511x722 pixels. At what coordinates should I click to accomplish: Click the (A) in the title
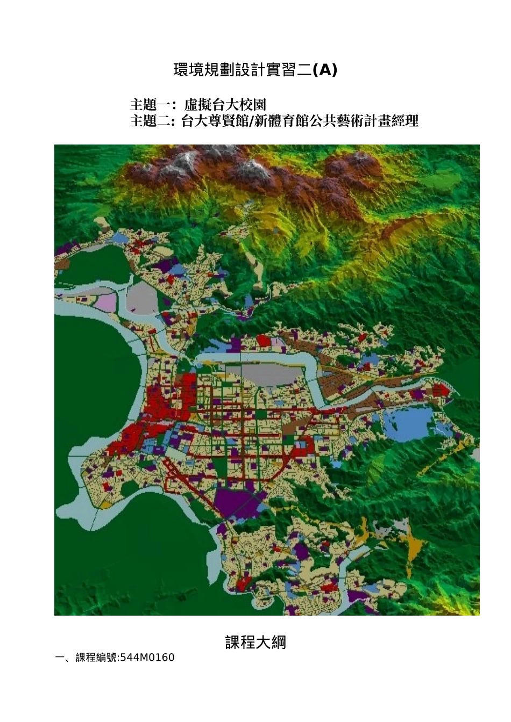tap(324, 70)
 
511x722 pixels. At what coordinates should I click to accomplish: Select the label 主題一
tap(150, 104)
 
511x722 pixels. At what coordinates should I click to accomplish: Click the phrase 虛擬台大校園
tap(225, 104)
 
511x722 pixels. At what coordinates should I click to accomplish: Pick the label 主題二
tap(150, 121)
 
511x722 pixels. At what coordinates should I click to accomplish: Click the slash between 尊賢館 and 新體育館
tap(250, 121)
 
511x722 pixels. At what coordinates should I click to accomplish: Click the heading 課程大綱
tap(256, 642)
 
